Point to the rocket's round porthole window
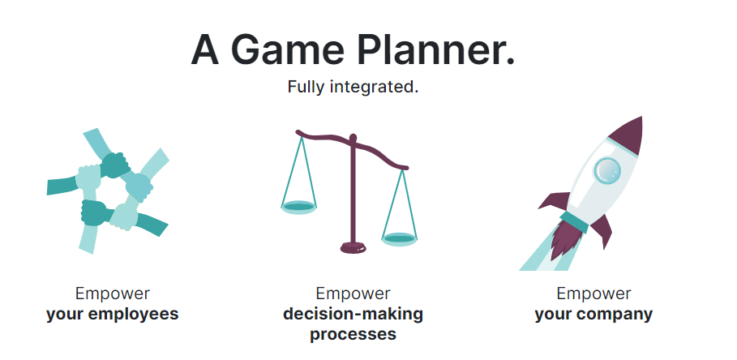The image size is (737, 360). [606, 170]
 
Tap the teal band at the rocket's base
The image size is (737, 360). [574, 222]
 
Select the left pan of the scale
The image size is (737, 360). [298, 208]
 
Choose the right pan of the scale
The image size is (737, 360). [399, 238]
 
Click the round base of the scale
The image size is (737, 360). [354, 247]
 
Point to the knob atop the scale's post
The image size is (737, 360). [353, 138]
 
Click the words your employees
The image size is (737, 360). [113, 314]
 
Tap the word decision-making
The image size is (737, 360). [353, 314]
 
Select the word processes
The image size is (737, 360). [353, 335]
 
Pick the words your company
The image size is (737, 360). [593, 314]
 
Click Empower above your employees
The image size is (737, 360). [113, 294]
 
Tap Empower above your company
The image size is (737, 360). [593, 294]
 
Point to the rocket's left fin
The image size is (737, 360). [555, 201]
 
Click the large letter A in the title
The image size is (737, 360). [205, 49]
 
